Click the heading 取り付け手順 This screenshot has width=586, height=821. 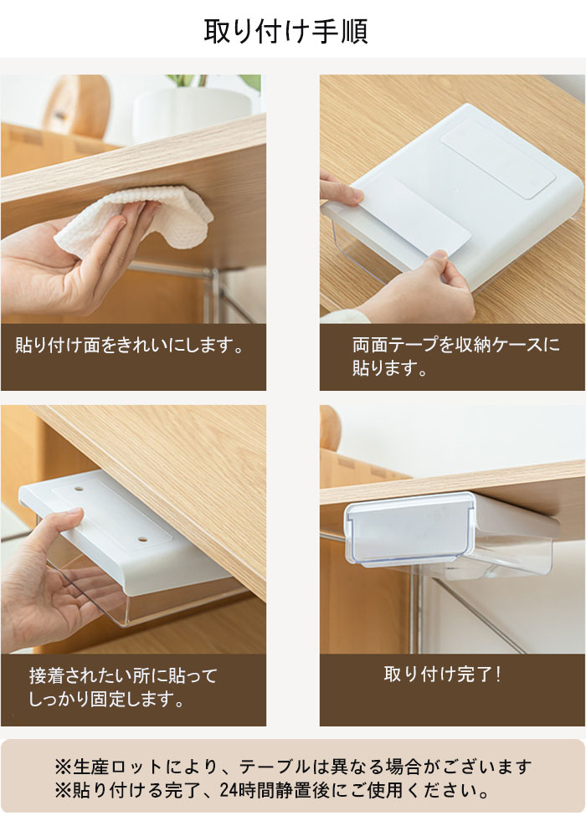click(x=286, y=31)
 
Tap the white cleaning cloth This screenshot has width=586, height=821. click(x=136, y=218)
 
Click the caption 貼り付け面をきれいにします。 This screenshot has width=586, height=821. click(x=130, y=346)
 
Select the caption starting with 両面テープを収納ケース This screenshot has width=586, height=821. click(x=455, y=356)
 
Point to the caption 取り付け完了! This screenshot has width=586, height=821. click(x=443, y=675)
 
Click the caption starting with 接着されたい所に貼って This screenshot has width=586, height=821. click(x=123, y=687)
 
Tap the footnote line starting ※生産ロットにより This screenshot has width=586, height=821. click(x=293, y=767)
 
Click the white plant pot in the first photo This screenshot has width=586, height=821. click(x=192, y=113)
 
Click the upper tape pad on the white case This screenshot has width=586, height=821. click(x=498, y=157)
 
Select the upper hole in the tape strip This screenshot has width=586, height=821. click(x=79, y=489)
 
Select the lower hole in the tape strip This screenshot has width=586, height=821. click(x=142, y=538)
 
